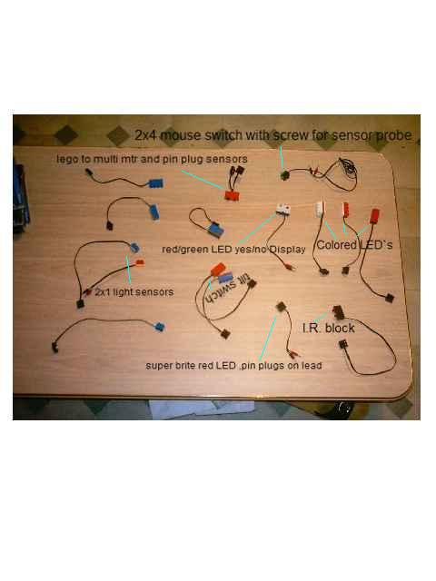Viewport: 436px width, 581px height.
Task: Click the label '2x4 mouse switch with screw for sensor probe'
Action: coord(272,135)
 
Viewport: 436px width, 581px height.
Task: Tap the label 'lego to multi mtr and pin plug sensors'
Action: coord(152,160)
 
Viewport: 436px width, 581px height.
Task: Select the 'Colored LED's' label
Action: coord(354,245)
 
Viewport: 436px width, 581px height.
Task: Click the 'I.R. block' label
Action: coord(329,328)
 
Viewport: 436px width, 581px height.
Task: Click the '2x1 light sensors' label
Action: coord(134,292)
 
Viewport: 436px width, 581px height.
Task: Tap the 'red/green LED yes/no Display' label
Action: coord(233,250)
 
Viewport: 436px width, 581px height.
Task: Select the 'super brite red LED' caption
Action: coord(191,366)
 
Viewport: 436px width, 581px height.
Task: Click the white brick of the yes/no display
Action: coord(282,210)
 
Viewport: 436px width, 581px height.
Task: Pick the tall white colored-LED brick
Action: coord(320,209)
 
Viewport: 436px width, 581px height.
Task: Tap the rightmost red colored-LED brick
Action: coord(375,216)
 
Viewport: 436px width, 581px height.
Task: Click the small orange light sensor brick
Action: coord(139,263)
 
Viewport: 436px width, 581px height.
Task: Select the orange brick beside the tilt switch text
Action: coord(217,269)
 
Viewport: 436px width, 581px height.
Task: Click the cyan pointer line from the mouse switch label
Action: coord(282,157)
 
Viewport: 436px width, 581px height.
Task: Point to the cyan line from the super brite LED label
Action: coord(268,339)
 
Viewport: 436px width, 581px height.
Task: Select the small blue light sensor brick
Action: coord(134,248)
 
